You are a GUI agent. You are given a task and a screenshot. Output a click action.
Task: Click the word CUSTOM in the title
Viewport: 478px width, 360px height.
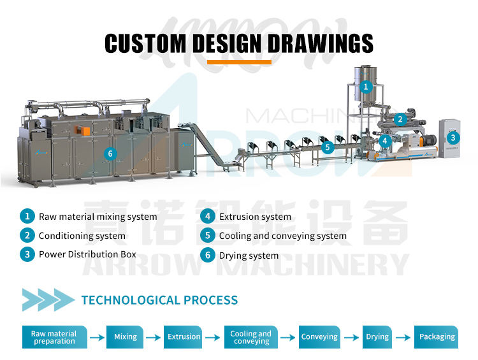145,43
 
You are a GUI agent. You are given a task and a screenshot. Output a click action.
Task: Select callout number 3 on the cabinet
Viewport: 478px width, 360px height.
453,137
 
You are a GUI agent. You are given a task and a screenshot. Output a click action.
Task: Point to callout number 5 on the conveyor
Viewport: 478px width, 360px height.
328,147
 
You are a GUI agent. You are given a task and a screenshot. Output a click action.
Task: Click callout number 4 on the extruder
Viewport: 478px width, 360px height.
384,140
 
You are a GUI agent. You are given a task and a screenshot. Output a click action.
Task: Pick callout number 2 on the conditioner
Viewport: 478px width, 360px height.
400,119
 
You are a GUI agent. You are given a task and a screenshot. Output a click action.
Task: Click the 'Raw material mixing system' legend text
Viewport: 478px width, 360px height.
98,217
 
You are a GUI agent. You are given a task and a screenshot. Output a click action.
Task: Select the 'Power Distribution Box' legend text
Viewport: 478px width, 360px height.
87,254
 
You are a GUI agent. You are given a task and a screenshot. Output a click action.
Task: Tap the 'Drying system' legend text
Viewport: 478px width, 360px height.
249,256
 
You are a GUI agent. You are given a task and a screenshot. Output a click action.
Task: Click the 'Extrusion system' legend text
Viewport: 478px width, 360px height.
255,217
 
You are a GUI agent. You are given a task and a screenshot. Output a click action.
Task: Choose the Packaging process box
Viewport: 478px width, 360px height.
437,336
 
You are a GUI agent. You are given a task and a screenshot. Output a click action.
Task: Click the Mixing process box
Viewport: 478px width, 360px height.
126,336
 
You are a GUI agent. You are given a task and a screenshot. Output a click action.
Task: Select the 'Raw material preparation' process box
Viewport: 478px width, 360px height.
54,337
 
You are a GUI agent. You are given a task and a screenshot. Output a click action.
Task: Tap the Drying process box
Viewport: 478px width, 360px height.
377,336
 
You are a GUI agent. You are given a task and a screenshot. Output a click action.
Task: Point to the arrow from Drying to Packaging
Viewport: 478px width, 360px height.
403,337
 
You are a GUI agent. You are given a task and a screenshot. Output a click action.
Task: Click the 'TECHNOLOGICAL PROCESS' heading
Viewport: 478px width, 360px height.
159,299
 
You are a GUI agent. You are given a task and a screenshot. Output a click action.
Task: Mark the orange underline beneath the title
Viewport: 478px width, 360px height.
239,62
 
